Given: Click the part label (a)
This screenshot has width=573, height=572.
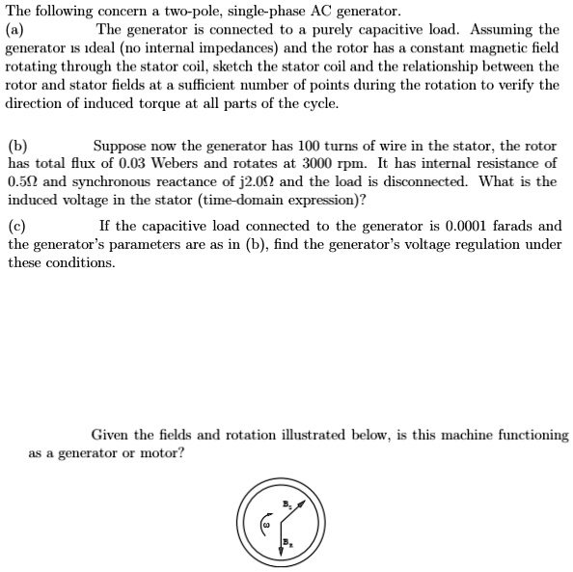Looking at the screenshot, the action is tap(16, 30).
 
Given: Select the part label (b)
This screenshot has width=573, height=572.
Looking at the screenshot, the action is tap(17, 146).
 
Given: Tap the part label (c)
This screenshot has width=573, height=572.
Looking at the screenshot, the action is tap(16, 226).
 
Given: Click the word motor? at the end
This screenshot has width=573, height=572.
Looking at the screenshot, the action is tap(159, 452).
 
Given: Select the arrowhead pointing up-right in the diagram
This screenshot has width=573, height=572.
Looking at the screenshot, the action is tap(302, 504).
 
